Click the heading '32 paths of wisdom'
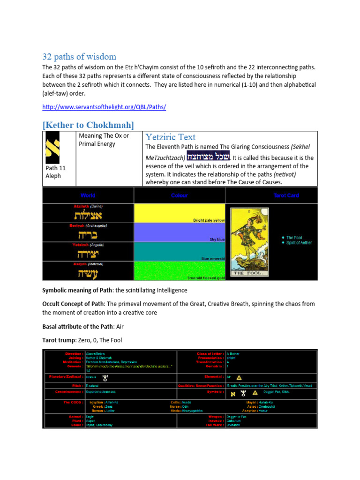click(79, 57)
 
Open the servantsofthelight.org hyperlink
click(104, 107)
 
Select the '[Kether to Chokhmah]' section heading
click(88, 125)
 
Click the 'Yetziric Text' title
click(170, 137)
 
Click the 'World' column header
click(88, 195)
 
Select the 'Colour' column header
click(180, 195)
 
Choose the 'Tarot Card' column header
click(286, 195)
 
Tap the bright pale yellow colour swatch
click(180, 213)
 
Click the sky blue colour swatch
click(180, 232)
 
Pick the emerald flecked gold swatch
click(180, 271)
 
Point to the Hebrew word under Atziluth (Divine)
click(88, 216)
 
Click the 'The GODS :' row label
click(72, 402)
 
